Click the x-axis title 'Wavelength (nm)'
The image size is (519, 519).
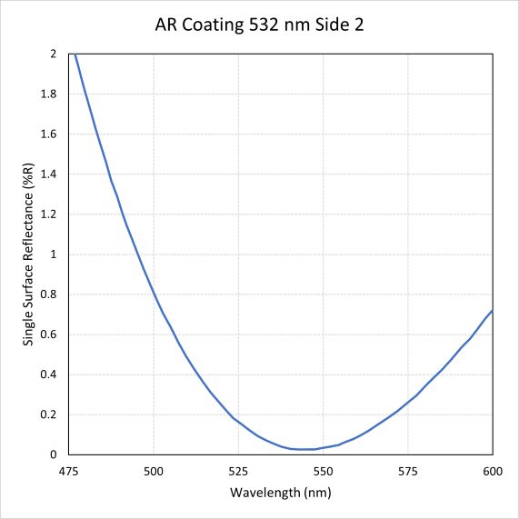280,492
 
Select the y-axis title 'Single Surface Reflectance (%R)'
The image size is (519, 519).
29,255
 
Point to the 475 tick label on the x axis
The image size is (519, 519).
68,471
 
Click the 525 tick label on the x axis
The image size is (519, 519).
238,471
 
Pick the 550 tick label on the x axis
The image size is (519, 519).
323,471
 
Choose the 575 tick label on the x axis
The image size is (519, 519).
407,471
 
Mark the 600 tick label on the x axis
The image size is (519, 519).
492,471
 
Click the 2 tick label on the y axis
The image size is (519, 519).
54,55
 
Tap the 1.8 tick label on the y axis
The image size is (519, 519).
49,95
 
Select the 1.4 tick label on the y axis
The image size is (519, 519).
49,175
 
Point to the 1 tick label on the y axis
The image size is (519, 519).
54,255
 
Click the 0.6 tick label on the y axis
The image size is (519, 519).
49,334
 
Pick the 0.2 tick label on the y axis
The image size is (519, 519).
49,414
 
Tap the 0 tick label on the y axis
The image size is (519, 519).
54,454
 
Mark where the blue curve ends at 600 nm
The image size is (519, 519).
492,311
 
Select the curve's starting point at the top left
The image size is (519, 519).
75,55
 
